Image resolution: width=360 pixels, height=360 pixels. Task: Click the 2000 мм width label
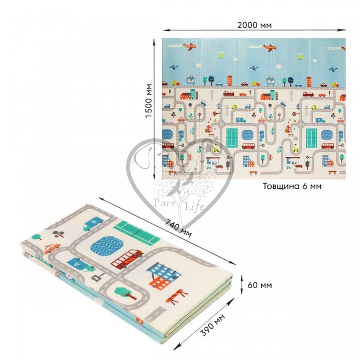(255, 25)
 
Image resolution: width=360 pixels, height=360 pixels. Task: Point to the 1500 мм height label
(149, 101)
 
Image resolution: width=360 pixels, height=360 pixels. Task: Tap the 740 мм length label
(178, 228)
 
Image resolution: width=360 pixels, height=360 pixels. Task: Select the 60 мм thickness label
(260, 285)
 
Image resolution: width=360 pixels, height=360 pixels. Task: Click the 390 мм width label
(212, 325)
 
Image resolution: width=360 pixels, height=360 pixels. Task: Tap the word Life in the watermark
(194, 206)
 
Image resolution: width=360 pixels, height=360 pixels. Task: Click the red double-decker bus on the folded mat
(127, 259)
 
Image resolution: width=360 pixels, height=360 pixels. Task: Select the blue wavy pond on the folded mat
(106, 246)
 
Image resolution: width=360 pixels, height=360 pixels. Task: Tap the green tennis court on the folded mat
(137, 232)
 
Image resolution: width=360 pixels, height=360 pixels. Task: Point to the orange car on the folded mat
(52, 248)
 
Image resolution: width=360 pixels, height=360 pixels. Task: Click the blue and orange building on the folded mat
(164, 276)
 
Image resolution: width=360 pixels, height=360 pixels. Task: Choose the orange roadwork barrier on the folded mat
(177, 296)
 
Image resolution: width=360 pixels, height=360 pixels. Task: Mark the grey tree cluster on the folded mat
(58, 233)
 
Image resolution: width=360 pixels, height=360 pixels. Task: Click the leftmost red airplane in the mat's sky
(189, 46)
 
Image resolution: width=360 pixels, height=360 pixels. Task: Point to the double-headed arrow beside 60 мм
(242, 285)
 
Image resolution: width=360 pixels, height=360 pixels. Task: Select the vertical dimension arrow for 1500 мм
(154, 109)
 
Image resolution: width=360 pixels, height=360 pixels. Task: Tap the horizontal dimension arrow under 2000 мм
(255, 30)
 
